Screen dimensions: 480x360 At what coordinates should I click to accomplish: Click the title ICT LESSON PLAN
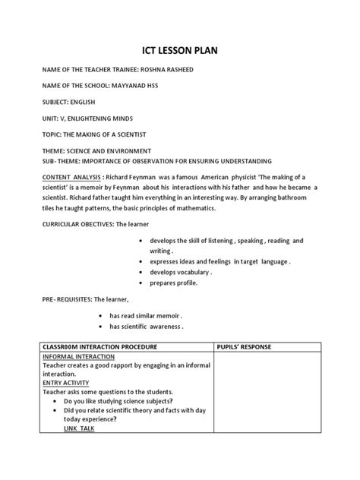[x=179, y=52]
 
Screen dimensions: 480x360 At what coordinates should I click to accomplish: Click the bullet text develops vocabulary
[x=180, y=271]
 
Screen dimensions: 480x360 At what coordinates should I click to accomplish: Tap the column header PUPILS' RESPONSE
[x=250, y=347]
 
